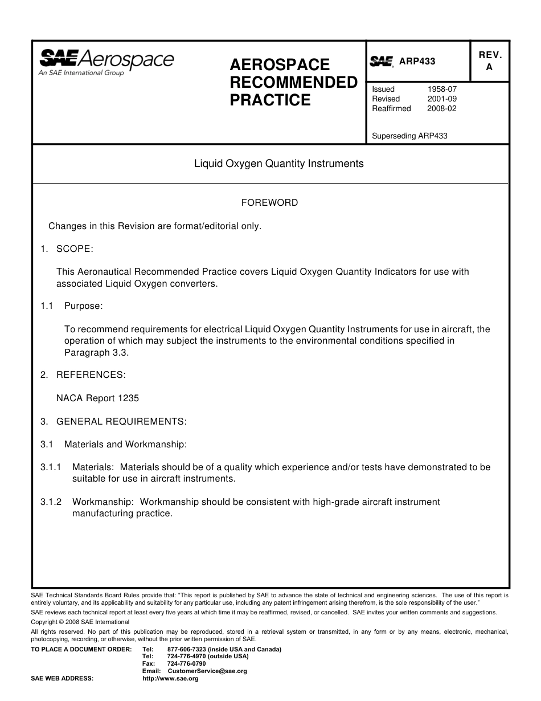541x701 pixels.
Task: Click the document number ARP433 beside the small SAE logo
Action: tap(417, 62)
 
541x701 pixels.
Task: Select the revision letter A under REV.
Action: tap(489, 67)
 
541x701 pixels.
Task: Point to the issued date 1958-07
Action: tap(442, 89)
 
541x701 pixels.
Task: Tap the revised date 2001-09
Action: tap(442, 99)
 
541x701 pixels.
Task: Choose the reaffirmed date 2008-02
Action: tap(442, 109)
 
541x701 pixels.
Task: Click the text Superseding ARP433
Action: tap(409, 136)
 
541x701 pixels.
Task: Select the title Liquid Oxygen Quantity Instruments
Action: tap(278, 164)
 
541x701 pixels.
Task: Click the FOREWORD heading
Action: tap(269, 203)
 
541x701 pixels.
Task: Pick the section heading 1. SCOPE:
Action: tap(67, 249)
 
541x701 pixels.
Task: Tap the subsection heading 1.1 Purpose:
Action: tap(72, 306)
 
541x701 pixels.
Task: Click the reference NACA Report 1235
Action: tap(97, 398)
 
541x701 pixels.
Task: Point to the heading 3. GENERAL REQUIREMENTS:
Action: tap(113, 422)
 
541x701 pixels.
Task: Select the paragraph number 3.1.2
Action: tap(51, 502)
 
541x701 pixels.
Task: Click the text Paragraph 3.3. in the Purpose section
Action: tap(97, 353)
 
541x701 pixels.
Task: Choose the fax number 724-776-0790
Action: tap(187, 664)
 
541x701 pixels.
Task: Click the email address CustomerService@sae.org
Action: tap(207, 671)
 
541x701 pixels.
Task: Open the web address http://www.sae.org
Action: tap(170, 679)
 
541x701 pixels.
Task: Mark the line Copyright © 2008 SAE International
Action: tap(80, 622)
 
